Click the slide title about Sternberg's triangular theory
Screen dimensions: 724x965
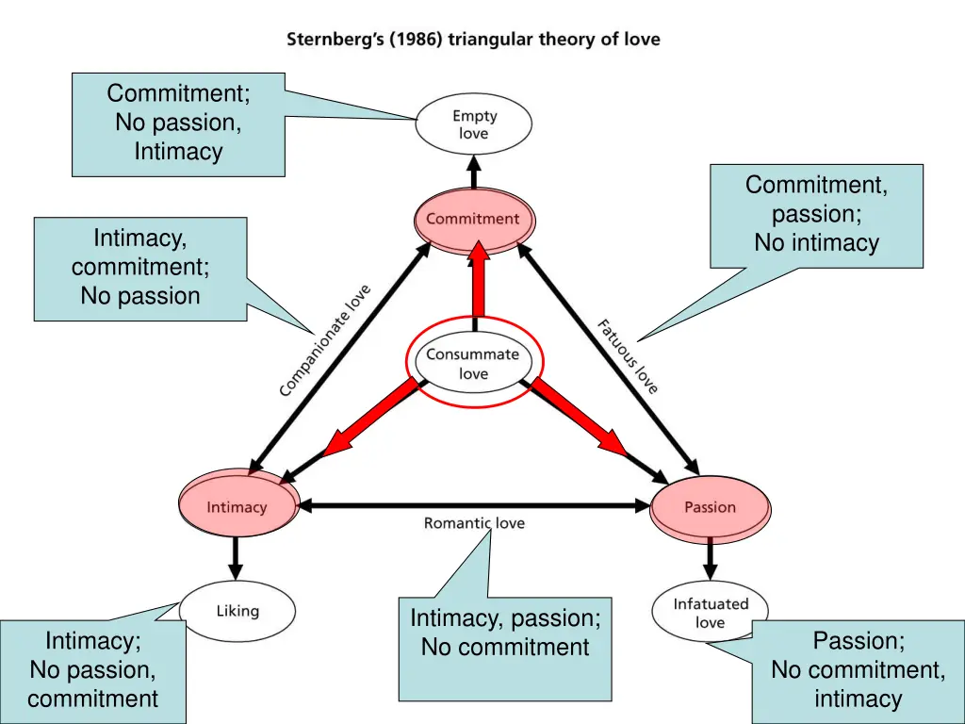473,40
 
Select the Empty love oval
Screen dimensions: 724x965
473,124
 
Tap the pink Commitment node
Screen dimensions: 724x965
473,220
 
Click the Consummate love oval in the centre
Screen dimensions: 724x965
473,364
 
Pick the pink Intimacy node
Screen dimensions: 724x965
237,506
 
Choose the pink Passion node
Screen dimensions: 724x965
710,507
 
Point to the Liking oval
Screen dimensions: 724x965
237,611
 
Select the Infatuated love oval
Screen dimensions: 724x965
710,613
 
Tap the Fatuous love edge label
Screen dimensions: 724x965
628,356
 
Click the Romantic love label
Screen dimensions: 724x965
474,523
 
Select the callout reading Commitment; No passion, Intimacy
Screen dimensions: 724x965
178,123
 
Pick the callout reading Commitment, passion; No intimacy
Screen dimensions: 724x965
816,215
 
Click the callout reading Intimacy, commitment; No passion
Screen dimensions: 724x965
140,269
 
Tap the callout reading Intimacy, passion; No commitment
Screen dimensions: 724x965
505,648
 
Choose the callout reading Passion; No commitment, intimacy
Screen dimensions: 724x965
858,670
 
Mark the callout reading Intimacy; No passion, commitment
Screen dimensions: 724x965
92,670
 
